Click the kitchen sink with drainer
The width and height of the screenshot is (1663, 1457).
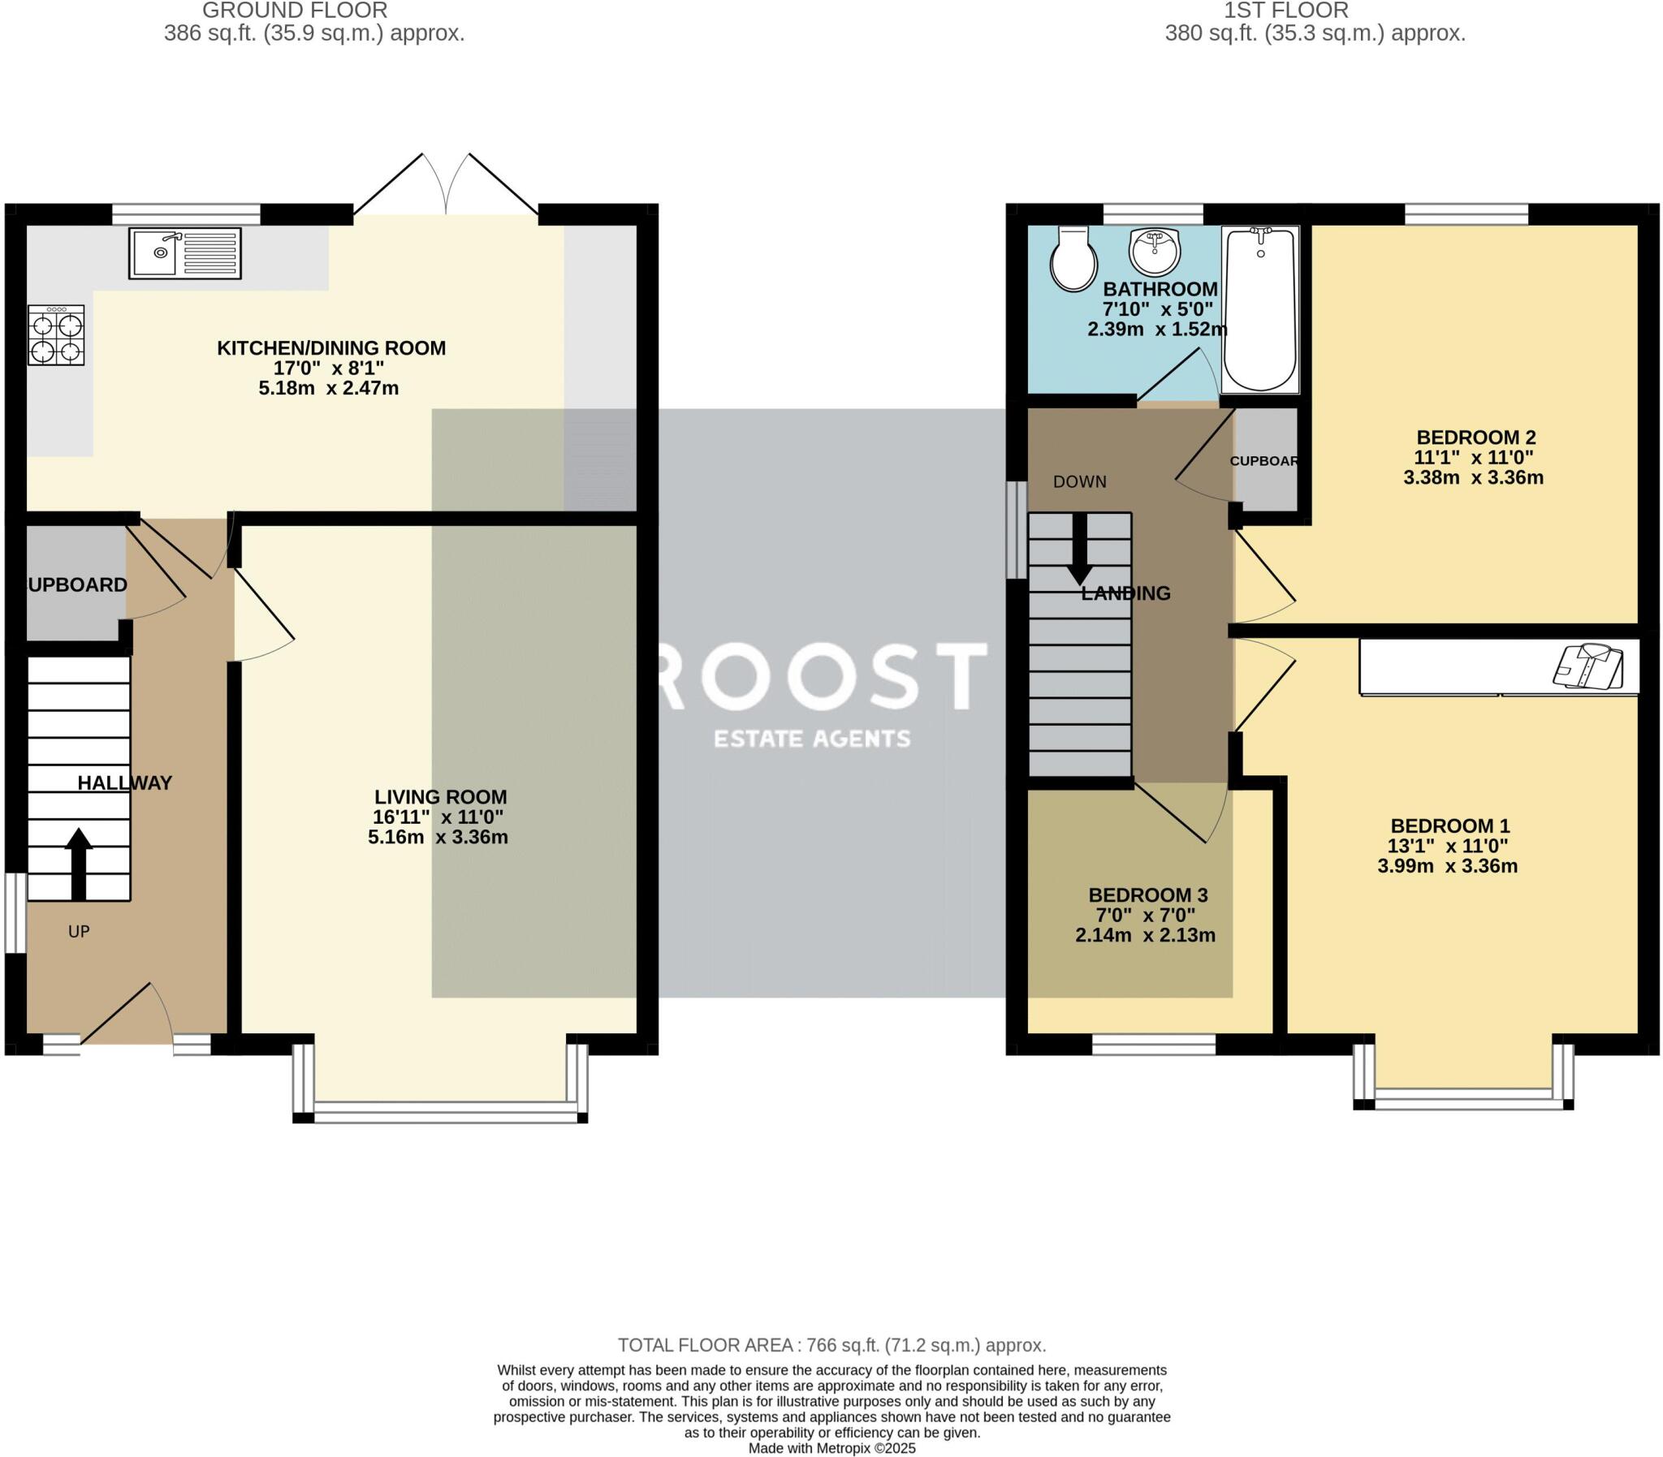pyautogui.click(x=184, y=253)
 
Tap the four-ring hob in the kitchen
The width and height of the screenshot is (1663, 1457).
pyautogui.click(x=56, y=335)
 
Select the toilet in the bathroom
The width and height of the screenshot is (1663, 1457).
pyautogui.click(x=1073, y=259)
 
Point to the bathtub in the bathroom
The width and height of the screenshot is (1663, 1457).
pyautogui.click(x=1259, y=310)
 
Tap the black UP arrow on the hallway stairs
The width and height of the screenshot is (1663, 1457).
pyautogui.click(x=78, y=864)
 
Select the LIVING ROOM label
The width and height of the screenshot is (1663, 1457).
pyautogui.click(x=440, y=798)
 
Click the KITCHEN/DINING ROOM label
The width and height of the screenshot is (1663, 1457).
pyautogui.click(x=331, y=348)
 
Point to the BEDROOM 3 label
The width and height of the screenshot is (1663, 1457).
pyautogui.click(x=1148, y=895)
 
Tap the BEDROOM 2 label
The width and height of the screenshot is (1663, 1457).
pyautogui.click(x=1476, y=438)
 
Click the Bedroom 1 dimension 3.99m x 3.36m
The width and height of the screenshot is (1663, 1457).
pyautogui.click(x=1448, y=866)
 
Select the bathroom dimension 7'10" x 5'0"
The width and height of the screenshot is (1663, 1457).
pyautogui.click(x=1157, y=310)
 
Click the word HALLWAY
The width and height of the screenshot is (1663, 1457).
pyautogui.click(x=124, y=783)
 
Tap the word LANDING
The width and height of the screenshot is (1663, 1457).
pyautogui.click(x=1125, y=593)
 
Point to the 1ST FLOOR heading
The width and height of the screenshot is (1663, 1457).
pyautogui.click(x=1285, y=11)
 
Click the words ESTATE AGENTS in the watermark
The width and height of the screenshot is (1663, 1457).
pyautogui.click(x=811, y=739)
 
